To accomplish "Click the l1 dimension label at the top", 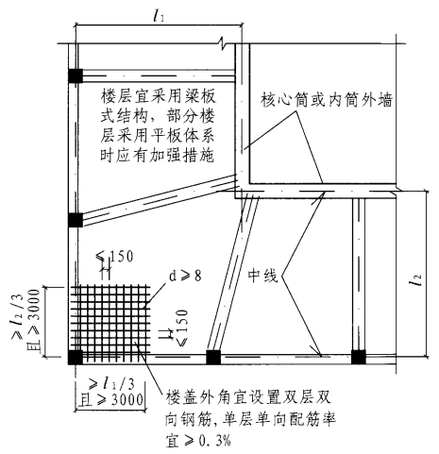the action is pos(159,16).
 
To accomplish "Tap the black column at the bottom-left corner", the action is pos(76,357).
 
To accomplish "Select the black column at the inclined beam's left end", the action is pos(76,220).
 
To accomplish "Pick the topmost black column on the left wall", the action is pos(76,76).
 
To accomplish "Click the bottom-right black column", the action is pos(358,357).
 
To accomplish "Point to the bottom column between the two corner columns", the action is pos(213,357).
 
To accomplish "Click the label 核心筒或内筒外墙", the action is pos(327,100).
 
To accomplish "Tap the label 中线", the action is pos(262,276).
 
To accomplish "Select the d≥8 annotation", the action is pos(185,276).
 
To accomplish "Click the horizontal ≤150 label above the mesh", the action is pos(114,257).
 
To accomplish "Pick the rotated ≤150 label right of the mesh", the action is pos(182,328).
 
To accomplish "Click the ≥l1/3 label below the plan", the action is pos(111,383).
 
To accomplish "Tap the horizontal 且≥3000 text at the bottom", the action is pos(111,400).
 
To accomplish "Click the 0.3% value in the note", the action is pos(215,441).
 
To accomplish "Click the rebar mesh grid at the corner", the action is pos(110,324).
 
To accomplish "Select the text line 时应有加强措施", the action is pos(158,156).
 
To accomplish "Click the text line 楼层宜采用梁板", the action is pos(159,96).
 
